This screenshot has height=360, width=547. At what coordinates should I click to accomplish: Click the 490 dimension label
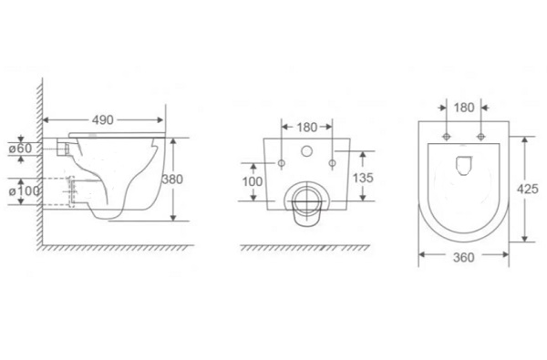click(102, 120)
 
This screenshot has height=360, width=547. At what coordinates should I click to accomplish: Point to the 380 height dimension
click(172, 180)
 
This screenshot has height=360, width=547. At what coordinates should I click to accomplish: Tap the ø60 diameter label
click(20, 149)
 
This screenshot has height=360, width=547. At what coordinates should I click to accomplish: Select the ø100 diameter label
click(24, 190)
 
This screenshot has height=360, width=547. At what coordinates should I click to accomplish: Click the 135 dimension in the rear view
click(363, 178)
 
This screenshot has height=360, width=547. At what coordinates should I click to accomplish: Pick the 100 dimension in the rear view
click(253, 181)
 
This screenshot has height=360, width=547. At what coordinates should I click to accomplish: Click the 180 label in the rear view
click(307, 128)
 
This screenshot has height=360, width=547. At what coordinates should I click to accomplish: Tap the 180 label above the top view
click(464, 108)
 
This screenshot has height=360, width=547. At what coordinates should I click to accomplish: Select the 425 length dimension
click(528, 189)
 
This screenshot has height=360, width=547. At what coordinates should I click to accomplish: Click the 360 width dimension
click(464, 257)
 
